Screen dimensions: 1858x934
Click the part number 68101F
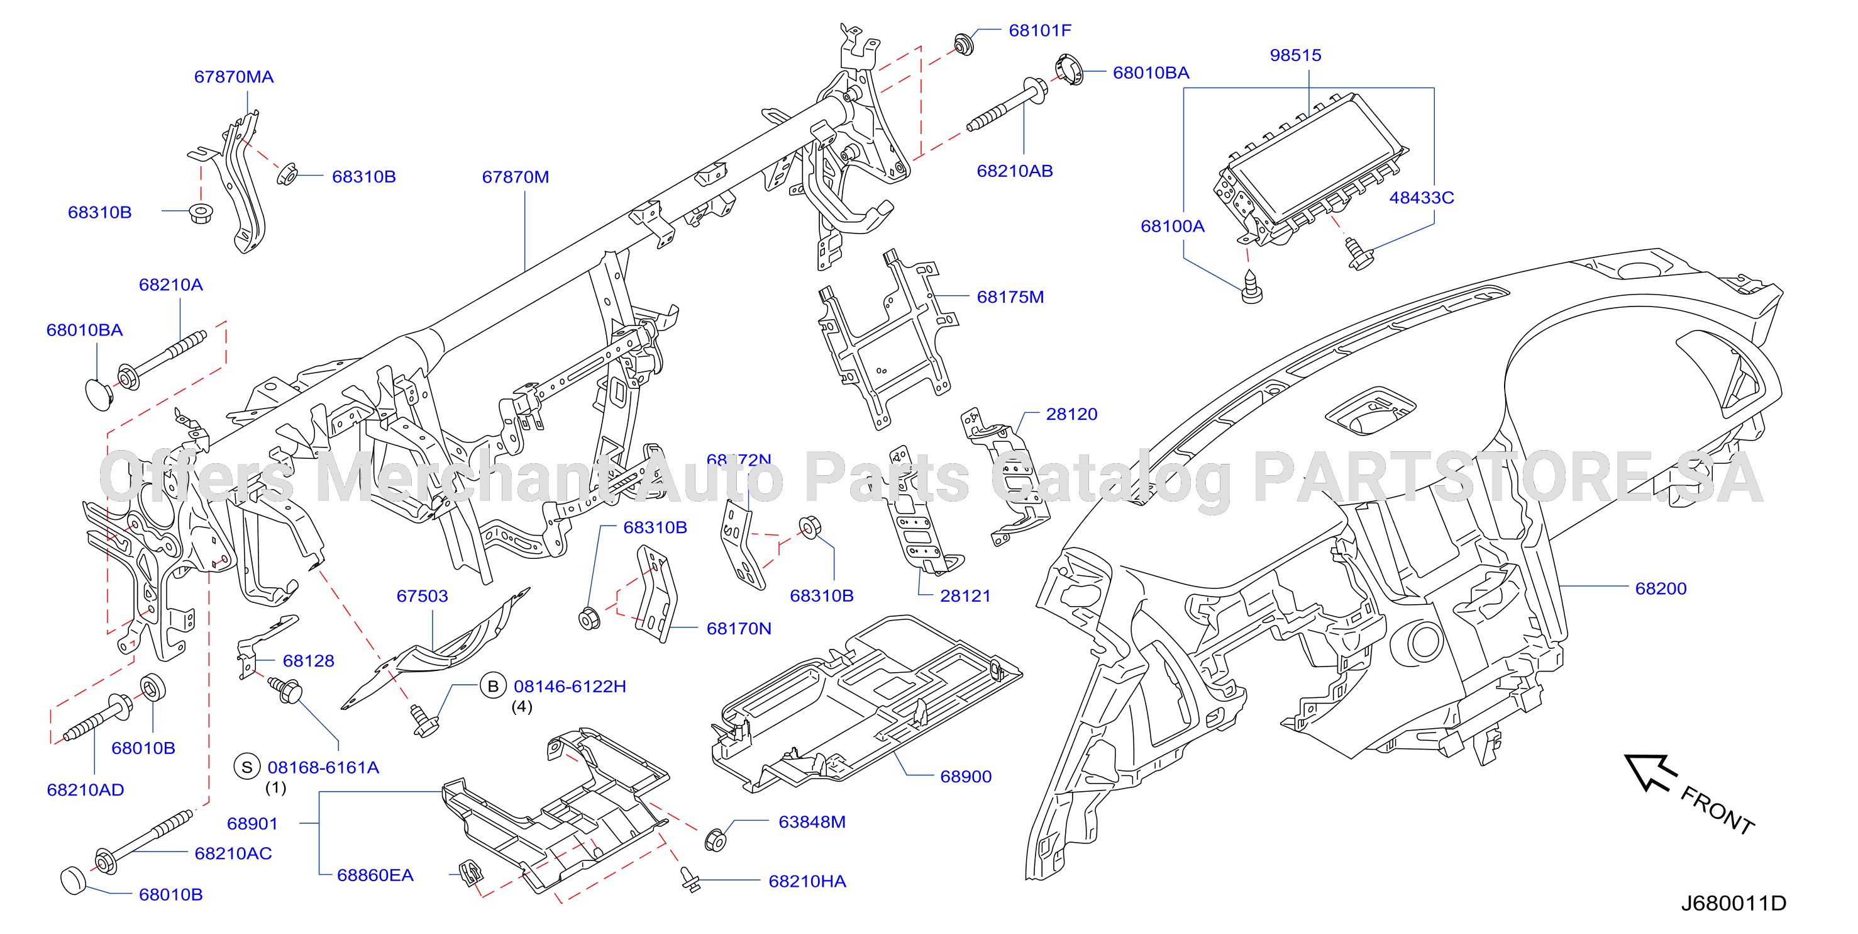click(1039, 30)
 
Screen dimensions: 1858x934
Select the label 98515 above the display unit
click(1295, 55)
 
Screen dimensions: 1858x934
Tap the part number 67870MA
click(234, 77)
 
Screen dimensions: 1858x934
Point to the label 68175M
click(1010, 296)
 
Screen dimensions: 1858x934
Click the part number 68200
click(1661, 588)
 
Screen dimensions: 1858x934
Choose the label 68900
click(966, 776)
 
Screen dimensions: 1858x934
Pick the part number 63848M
click(812, 821)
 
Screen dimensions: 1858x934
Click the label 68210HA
click(807, 881)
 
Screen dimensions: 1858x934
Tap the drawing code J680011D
click(1734, 903)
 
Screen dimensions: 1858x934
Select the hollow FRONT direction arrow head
click(1649, 773)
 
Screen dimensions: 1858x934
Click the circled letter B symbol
click(494, 685)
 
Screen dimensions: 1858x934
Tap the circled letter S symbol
click(246, 767)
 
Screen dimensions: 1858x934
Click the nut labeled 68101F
click(963, 45)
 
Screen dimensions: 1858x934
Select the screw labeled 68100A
click(1251, 286)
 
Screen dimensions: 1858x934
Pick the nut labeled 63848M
click(714, 840)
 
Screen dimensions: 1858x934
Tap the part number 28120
click(1072, 414)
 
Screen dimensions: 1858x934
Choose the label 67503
click(422, 595)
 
